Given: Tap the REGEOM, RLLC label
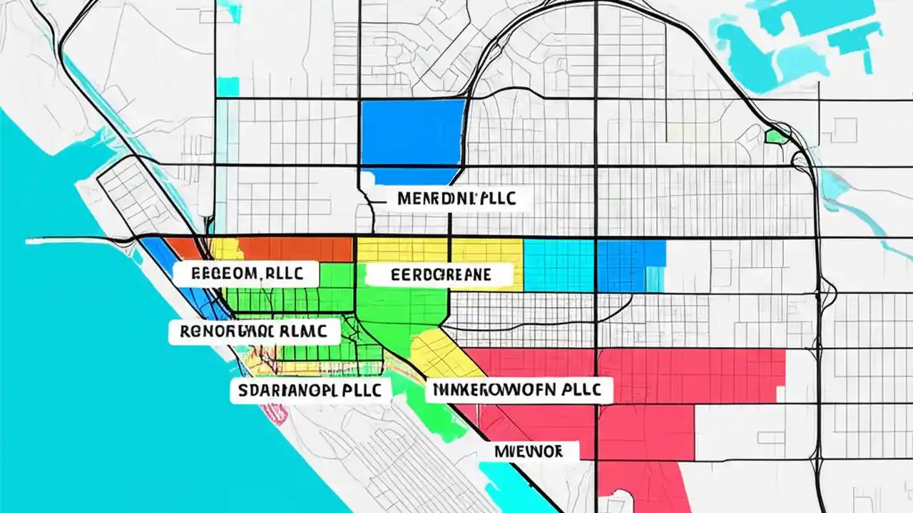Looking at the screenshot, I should [245, 273].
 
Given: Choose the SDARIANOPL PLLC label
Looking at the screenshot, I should [310, 390].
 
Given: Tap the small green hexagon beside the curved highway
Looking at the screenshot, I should [776, 136].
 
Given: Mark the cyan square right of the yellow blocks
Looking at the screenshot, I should [559, 265].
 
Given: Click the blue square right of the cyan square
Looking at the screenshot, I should [631, 265].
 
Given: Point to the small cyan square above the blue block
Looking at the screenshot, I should [228, 87].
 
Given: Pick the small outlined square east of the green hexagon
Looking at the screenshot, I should [845, 128].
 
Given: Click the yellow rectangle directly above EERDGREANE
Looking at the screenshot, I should [402, 249].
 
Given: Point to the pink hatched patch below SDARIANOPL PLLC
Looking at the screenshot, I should [275, 413].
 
